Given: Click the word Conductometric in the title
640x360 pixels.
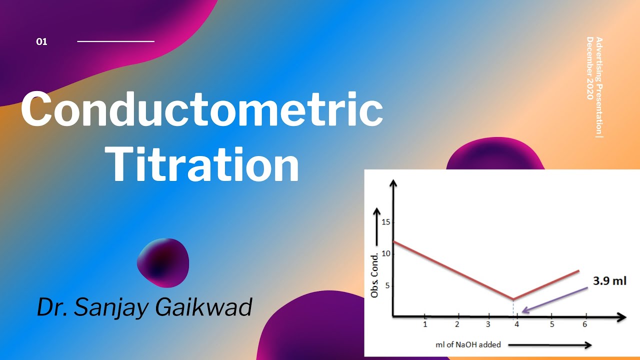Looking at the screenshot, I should [202, 110].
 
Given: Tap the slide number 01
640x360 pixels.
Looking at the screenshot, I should [42, 42].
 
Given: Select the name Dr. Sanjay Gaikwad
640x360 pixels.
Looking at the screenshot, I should [144, 306].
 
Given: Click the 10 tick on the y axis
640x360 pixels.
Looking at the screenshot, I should [384, 253].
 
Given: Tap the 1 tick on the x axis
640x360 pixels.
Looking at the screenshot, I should [425, 324].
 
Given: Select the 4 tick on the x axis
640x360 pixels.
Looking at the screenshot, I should [517, 324].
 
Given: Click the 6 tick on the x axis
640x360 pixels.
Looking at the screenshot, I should [584, 324].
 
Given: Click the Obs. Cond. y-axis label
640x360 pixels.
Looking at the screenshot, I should [374, 275].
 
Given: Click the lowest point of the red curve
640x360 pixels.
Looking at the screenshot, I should [513, 299].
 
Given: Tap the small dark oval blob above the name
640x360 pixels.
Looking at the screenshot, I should [163, 263].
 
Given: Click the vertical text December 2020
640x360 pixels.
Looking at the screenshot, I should [590, 68].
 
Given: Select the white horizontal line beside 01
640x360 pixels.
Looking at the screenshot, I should [115, 41].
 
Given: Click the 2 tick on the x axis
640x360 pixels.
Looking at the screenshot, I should [457, 324].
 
